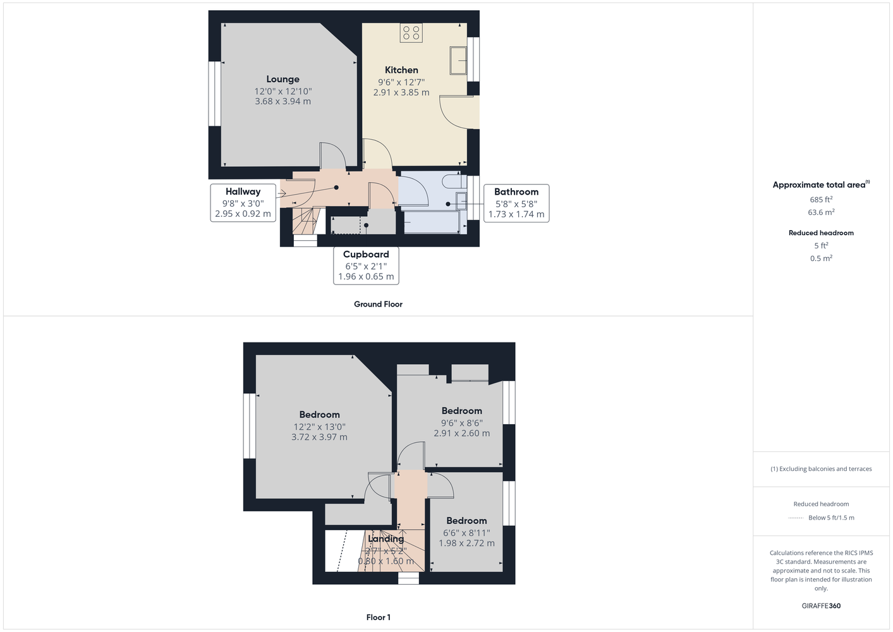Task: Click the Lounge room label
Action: pos(282,79)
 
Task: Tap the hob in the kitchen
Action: pos(411,33)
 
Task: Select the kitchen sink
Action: pos(458,61)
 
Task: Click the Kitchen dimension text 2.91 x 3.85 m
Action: pos(401,92)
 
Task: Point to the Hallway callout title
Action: pos(243,191)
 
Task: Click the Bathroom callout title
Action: pos(516,191)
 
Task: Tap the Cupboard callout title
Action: pos(366,255)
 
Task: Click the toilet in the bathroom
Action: pos(454,181)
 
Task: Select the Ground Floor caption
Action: pos(378,304)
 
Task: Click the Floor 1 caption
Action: pos(379,617)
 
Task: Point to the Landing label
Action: pos(386,538)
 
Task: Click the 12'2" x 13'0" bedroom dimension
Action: pos(319,427)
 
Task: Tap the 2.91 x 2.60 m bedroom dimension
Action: pos(461,433)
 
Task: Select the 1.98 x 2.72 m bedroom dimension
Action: pos(466,543)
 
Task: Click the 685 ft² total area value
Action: pos(821,199)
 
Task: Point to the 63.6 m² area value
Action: pos(821,212)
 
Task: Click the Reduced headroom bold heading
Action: pos(821,233)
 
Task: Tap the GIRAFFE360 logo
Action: pos(821,605)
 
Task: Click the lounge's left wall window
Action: pos(214,94)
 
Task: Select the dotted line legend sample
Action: pos(796,518)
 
